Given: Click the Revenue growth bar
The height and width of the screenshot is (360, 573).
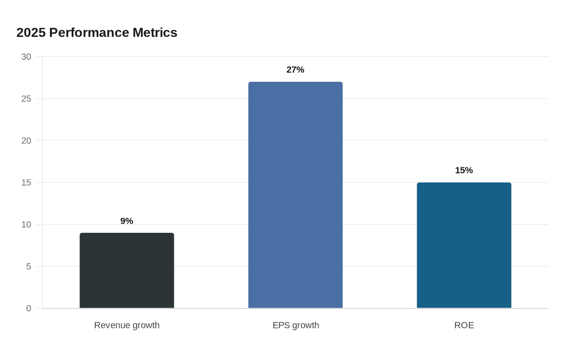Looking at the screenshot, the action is (x=127, y=270).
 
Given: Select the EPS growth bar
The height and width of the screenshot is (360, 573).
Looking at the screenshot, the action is (x=296, y=195).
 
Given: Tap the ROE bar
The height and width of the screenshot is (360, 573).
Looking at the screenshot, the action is (x=464, y=245).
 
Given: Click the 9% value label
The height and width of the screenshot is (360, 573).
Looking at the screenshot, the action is (x=127, y=221).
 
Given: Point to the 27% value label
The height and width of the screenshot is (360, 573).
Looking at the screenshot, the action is (x=296, y=70).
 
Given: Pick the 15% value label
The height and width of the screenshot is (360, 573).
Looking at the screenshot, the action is (x=464, y=170).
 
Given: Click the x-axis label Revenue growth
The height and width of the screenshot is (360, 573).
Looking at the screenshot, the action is (x=127, y=326).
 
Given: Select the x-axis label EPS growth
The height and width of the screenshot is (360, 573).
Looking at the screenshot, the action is (x=296, y=326).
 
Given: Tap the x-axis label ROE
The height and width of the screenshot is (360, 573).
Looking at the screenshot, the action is (x=464, y=326).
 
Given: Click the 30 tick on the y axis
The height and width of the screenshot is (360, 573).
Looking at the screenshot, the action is (x=26, y=57).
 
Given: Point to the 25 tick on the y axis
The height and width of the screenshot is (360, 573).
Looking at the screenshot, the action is (x=26, y=99).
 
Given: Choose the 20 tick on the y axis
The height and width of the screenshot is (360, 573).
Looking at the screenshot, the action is (x=26, y=141).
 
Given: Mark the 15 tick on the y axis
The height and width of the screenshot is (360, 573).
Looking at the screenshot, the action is (x=26, y=182).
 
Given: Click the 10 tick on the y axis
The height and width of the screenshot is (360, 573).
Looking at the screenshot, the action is (x=26, y=225).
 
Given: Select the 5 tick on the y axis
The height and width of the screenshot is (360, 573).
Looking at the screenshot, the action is (x=28, y=266).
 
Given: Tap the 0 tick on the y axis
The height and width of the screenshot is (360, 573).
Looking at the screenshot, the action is (x=28, y=308).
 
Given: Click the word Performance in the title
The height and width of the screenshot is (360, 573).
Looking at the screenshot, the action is (x=89, y=33).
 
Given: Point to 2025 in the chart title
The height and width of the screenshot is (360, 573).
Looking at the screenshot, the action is (x=31, y=33).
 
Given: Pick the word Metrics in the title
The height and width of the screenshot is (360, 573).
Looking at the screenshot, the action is (x=155, y=33).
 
